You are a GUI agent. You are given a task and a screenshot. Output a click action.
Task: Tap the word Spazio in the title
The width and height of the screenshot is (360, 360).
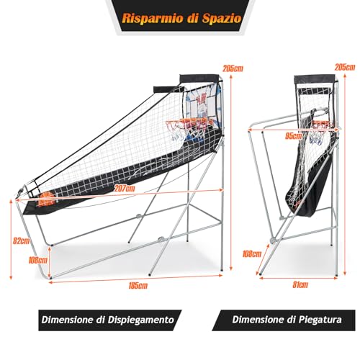click(222, 18)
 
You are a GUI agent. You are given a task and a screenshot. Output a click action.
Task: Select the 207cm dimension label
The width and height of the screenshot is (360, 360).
click(125, 189)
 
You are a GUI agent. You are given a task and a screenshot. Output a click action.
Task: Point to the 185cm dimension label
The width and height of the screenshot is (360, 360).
click(138, 286)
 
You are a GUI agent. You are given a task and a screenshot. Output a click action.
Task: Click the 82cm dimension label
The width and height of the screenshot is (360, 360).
click(22, 240)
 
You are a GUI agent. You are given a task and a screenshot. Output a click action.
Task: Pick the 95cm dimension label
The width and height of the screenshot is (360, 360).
click(294, 136)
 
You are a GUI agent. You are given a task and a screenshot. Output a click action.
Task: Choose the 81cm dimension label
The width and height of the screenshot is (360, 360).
click(300, 285)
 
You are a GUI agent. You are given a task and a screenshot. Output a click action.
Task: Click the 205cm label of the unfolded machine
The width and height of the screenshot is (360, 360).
click(233, 68)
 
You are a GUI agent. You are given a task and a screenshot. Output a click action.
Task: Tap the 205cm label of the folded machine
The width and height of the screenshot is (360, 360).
click(345, 68)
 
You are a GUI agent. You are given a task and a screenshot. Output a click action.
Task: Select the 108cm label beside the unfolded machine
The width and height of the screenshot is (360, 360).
click(38, 260)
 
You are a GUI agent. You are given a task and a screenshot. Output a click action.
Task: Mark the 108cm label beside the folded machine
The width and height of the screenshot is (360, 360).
click(252, 253)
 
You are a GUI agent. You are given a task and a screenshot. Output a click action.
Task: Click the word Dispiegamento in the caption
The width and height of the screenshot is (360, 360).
click(140, 320)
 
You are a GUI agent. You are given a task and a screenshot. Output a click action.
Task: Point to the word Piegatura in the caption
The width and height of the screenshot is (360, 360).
click(320, 320)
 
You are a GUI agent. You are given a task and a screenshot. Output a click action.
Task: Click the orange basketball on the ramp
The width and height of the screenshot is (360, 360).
click(46, 201)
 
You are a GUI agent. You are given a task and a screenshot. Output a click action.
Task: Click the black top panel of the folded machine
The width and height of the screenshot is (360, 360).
click(315, 80)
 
